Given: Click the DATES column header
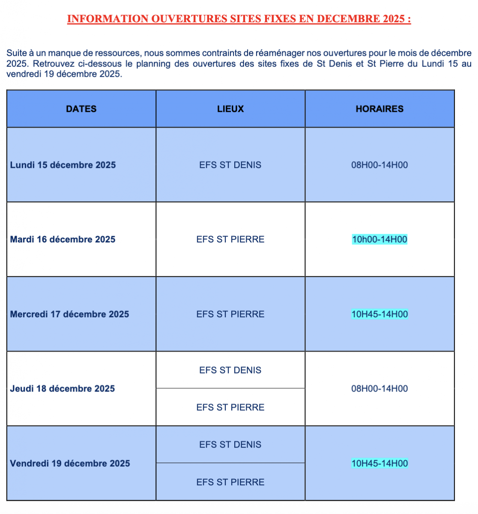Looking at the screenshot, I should (81, 109).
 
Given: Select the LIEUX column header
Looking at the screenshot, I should (230, 109).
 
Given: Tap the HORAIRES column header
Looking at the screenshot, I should (379, 109).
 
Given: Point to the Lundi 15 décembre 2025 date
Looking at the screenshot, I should (63, 165).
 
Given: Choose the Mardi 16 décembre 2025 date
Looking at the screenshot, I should (63, 239).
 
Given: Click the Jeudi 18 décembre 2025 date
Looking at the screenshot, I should (63, 388).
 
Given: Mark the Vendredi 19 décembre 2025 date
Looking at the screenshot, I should (70, 463).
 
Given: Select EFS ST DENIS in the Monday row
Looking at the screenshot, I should (230, 165).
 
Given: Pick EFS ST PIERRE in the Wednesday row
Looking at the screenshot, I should (230, 314).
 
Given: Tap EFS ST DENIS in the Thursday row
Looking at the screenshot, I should (230, 370).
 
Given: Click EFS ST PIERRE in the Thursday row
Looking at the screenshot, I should (230, 407).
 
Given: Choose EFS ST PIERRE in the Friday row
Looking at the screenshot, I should (230, 482).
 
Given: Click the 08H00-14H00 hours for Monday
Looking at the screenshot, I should (379, 165).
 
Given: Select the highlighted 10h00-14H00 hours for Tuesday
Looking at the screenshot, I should (379, 239).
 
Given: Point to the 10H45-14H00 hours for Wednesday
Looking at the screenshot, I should (379, 314).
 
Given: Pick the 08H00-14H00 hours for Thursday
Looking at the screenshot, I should (379, 388).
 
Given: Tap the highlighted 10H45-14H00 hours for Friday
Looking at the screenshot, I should (379, 463).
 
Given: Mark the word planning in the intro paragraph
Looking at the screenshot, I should (153, 64).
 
